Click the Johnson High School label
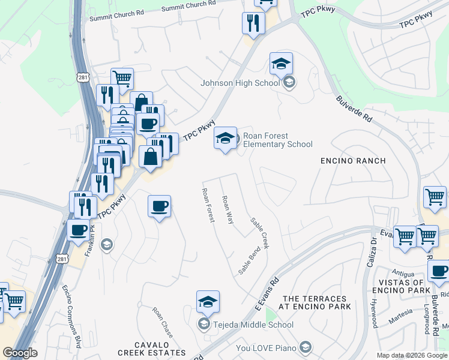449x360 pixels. pos(240,83)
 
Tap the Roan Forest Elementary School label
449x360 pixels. pos(278,140)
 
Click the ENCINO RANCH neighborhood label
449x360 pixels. pos(353,161)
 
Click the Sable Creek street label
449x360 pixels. pos(260,233)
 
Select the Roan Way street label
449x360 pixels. pos(228,209)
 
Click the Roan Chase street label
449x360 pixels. pos(162,321)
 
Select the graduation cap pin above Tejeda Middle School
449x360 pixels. pos(208,302)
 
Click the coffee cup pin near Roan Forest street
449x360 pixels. pos(159,206)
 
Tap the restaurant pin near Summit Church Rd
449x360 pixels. pos(253,23)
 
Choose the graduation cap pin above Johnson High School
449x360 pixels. pos(281,64)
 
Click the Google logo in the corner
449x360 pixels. pos(20,353)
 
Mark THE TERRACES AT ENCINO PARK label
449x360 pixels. pos(315,302)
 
